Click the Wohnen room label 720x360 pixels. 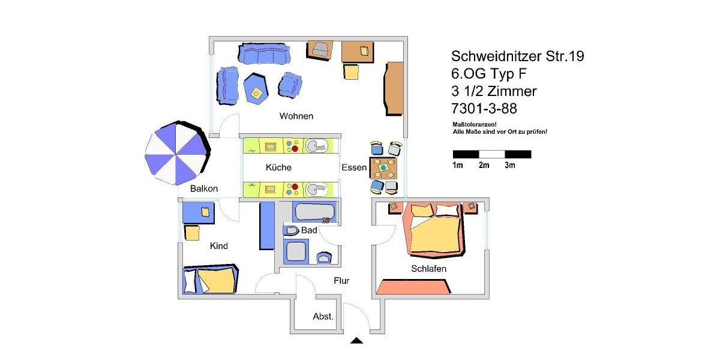pos(296,116)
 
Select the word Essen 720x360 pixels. pos(353,168)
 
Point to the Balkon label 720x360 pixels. pos(204,188)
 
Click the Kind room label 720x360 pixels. pos(218,246)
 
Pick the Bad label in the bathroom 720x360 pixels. pos(309,230)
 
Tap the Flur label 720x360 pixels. pos(341,280)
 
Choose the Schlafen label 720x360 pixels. pos(428,269)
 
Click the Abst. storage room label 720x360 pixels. pos(323,316)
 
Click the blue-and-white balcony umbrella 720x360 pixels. pos(176,154)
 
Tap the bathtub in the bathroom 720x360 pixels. pos(314,212)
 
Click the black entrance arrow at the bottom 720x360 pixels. pos(356,341)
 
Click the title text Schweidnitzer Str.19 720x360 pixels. pos(517,56)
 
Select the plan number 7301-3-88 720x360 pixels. pos(484,109)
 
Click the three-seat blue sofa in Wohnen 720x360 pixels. pos(264,53)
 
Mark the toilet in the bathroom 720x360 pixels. pos(292,231)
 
